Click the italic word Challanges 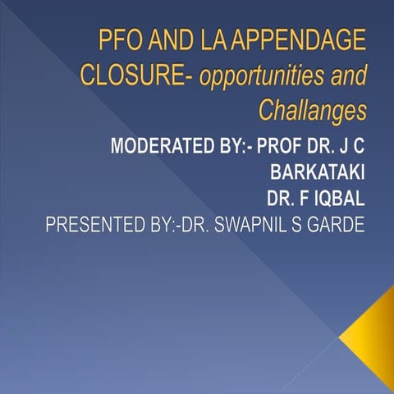[x=312, y=108]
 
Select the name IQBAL [x=337, y=199]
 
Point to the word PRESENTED [x=86, y=224]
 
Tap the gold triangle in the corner [x=371, y=332]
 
